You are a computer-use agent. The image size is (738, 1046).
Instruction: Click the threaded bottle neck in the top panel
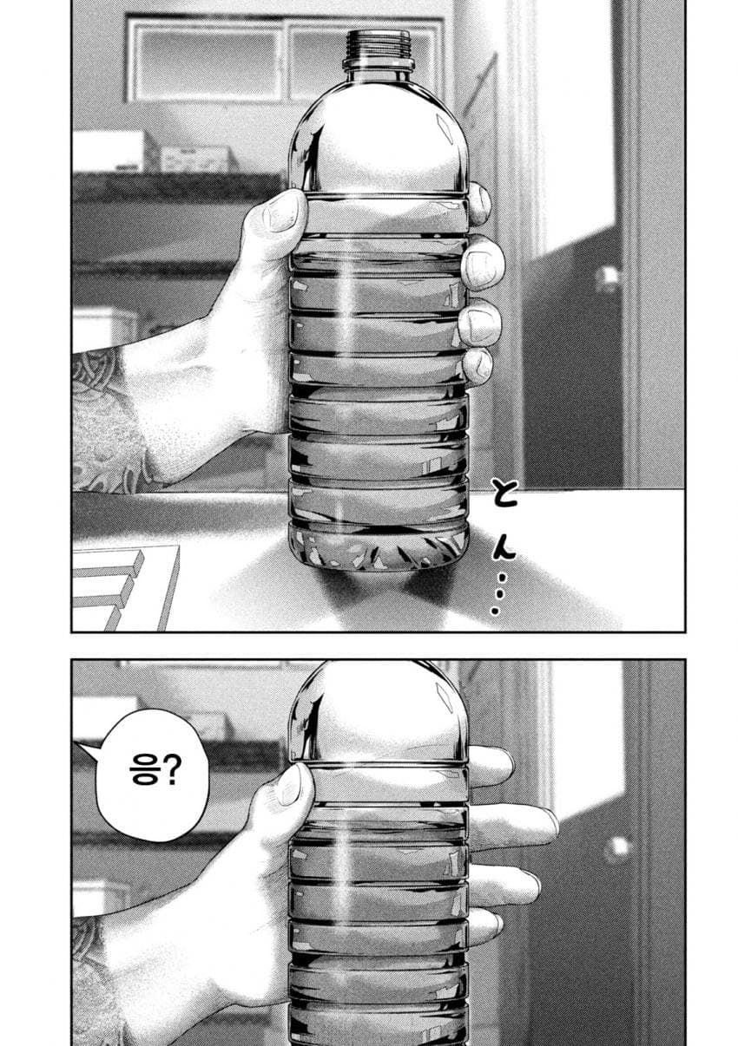(x=378, y=50)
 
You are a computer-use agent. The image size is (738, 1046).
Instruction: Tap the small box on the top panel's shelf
(x=196, y=160)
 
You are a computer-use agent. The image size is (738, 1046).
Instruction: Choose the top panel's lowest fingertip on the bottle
(x=478, y=367)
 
